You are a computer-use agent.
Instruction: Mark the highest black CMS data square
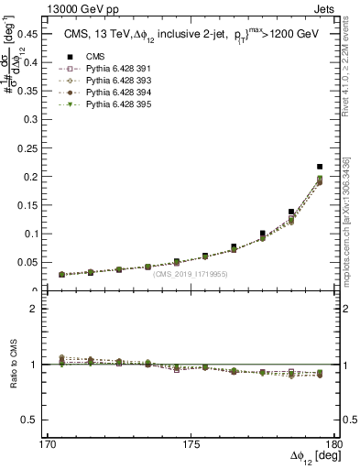[320, 167]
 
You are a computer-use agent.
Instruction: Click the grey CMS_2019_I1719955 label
[191, 274]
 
